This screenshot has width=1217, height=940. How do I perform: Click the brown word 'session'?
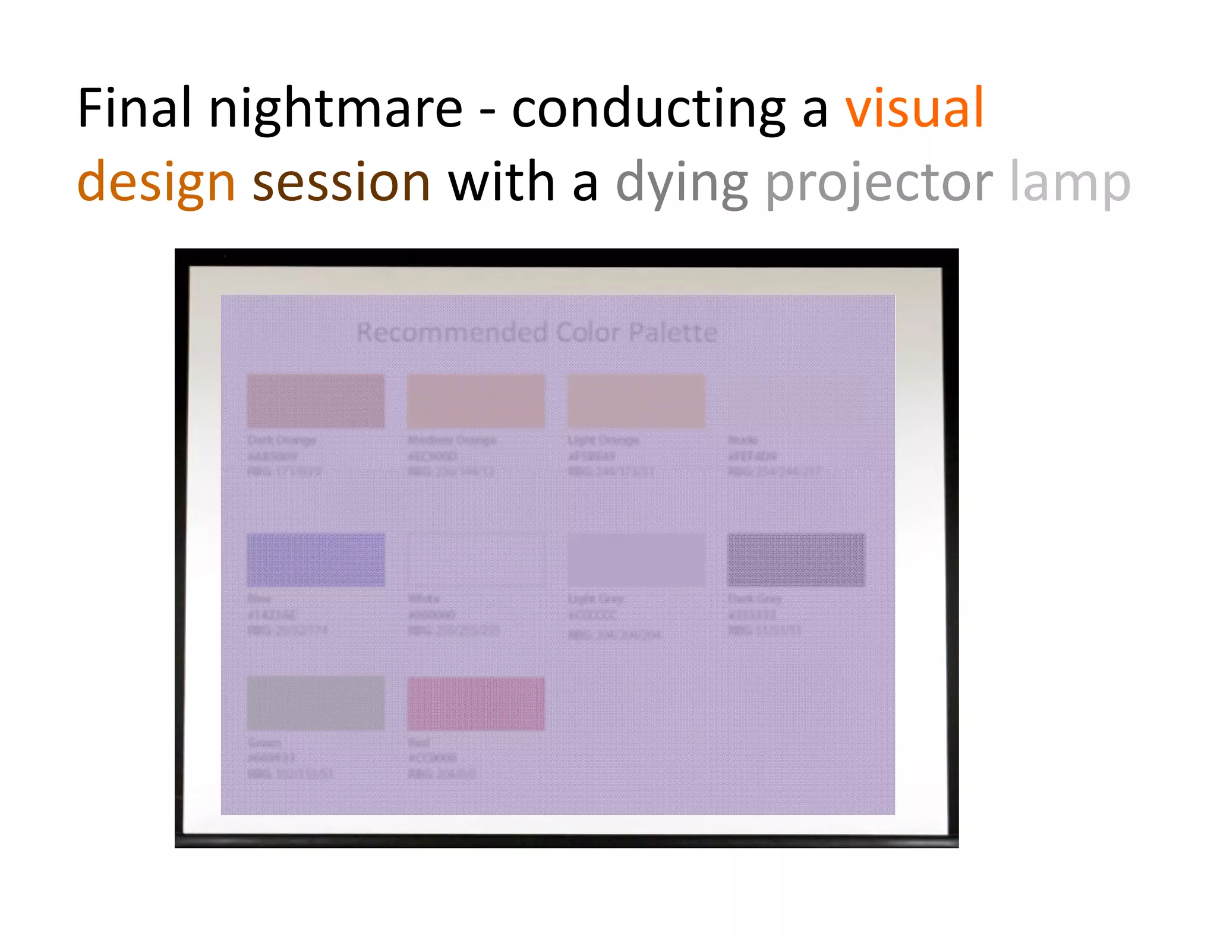[x=342, y=182]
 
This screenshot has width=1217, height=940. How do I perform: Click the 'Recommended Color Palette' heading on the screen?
[x=537, y=332]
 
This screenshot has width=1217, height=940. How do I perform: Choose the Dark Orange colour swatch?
[x=316, y=400]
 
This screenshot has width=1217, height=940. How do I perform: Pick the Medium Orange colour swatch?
[x=475, y=400]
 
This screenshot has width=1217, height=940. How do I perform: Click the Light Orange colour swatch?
[x=636, y=400]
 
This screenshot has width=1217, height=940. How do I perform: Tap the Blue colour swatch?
[x=316, y=560]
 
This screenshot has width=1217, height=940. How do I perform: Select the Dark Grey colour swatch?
[x=796, y=560]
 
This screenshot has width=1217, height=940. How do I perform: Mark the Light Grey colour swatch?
[x=636, y=560]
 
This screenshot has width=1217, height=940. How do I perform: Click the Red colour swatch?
[x=475, y=704]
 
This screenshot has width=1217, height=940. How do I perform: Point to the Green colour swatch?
[x=316, y=702]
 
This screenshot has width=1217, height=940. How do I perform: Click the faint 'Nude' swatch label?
[x=742, y=440]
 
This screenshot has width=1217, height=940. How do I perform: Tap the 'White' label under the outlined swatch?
[x=424, y=598]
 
